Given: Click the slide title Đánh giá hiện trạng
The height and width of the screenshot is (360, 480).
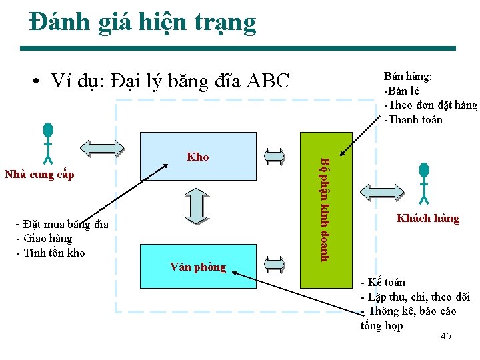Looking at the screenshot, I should [143, 23].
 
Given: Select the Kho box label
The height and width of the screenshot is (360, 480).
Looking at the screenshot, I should [198, 157].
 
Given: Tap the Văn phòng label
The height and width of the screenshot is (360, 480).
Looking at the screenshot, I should [198, 267].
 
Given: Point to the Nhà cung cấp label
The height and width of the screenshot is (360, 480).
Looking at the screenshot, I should [39, 175].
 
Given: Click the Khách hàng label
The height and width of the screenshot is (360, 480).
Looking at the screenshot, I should [427, 219].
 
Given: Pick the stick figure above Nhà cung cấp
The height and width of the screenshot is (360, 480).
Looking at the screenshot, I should [48, 143].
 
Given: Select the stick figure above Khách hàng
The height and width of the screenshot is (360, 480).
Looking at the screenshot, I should [425, 181].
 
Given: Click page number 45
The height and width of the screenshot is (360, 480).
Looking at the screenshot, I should [445, 336].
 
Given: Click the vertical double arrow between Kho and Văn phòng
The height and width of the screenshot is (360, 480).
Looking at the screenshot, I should [197, 207].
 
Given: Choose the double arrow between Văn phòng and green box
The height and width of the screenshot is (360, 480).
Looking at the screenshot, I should [274, 265].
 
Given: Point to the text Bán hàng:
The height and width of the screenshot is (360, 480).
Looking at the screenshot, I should [408, 77].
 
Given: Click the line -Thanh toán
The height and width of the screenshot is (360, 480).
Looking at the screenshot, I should [413, 120].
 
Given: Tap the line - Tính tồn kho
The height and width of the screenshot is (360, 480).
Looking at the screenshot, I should [50, 253].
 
